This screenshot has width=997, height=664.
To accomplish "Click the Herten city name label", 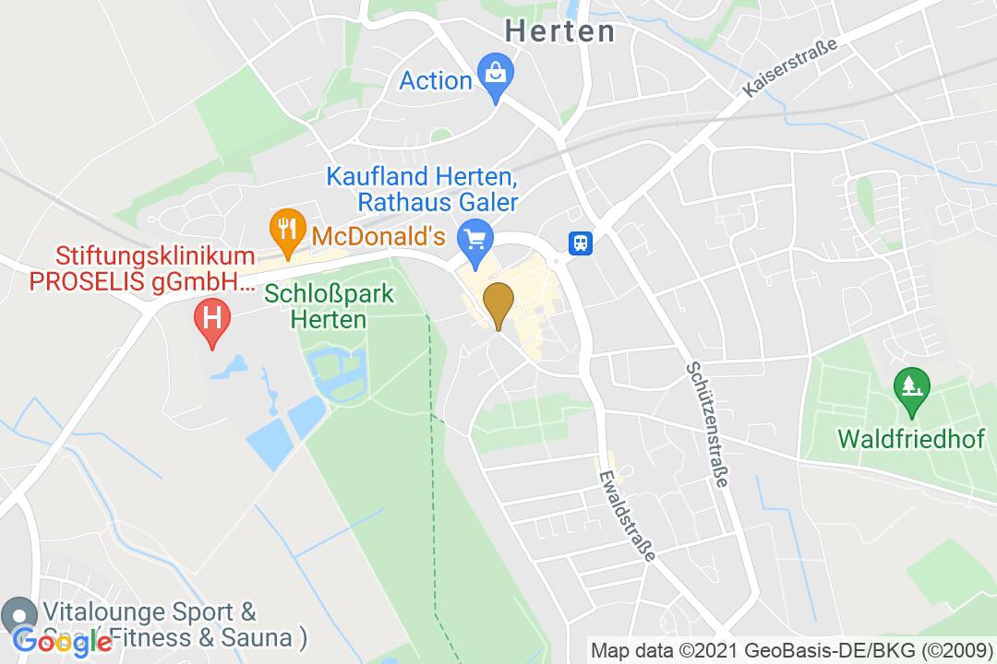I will tap(559, 31).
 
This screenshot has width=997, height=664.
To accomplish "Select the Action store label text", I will tap(436, 81).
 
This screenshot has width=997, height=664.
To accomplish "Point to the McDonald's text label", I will tap(386, 235).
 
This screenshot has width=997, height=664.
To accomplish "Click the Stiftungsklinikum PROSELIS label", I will tap(143, 267).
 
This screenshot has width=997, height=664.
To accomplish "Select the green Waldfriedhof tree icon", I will tap(911, 388).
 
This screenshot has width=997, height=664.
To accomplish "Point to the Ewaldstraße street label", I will tap(627, 516).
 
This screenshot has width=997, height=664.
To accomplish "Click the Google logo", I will tap(63, 640).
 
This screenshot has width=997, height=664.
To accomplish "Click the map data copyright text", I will tap(791, 649).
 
